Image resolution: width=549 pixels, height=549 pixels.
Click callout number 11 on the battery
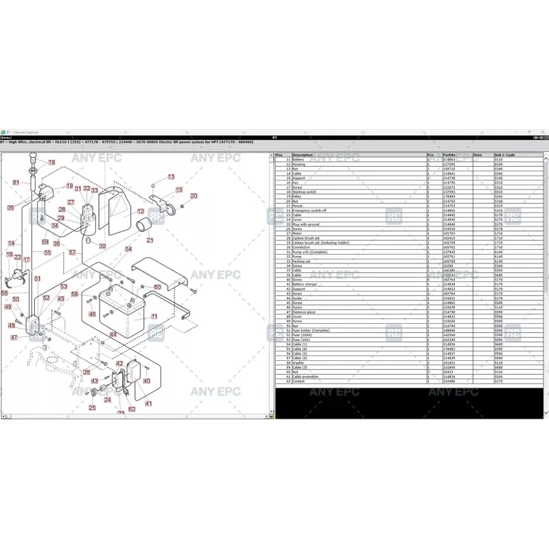(x=154, y=316)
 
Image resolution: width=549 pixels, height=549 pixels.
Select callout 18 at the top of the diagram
(x=51, y=163)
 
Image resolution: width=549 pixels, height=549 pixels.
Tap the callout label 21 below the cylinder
(x=150, y=240)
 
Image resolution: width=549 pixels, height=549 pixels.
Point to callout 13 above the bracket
(x=171, y=177)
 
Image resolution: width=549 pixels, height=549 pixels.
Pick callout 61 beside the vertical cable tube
(x=16, y=183)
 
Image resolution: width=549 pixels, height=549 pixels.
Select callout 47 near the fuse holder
(x=14, y=337)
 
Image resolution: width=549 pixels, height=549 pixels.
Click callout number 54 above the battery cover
(x=128, y=250)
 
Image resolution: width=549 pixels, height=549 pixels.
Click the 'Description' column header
(x=302, y=155)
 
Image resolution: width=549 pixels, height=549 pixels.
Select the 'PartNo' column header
(x=449, y=155)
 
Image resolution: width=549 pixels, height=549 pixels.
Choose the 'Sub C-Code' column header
(x=504, y=155)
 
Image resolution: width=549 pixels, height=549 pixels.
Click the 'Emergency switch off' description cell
(x=309, y=211)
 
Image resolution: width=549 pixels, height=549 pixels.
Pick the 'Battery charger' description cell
(x=305, y=284)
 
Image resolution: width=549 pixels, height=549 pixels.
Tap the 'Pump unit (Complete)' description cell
(x=309, y=252)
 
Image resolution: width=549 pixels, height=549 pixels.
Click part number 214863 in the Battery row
(x=449, y=160)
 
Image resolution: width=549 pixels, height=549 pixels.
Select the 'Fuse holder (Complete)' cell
(x=311, y=330)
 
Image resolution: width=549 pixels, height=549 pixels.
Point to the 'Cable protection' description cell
(x=306, y=377)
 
